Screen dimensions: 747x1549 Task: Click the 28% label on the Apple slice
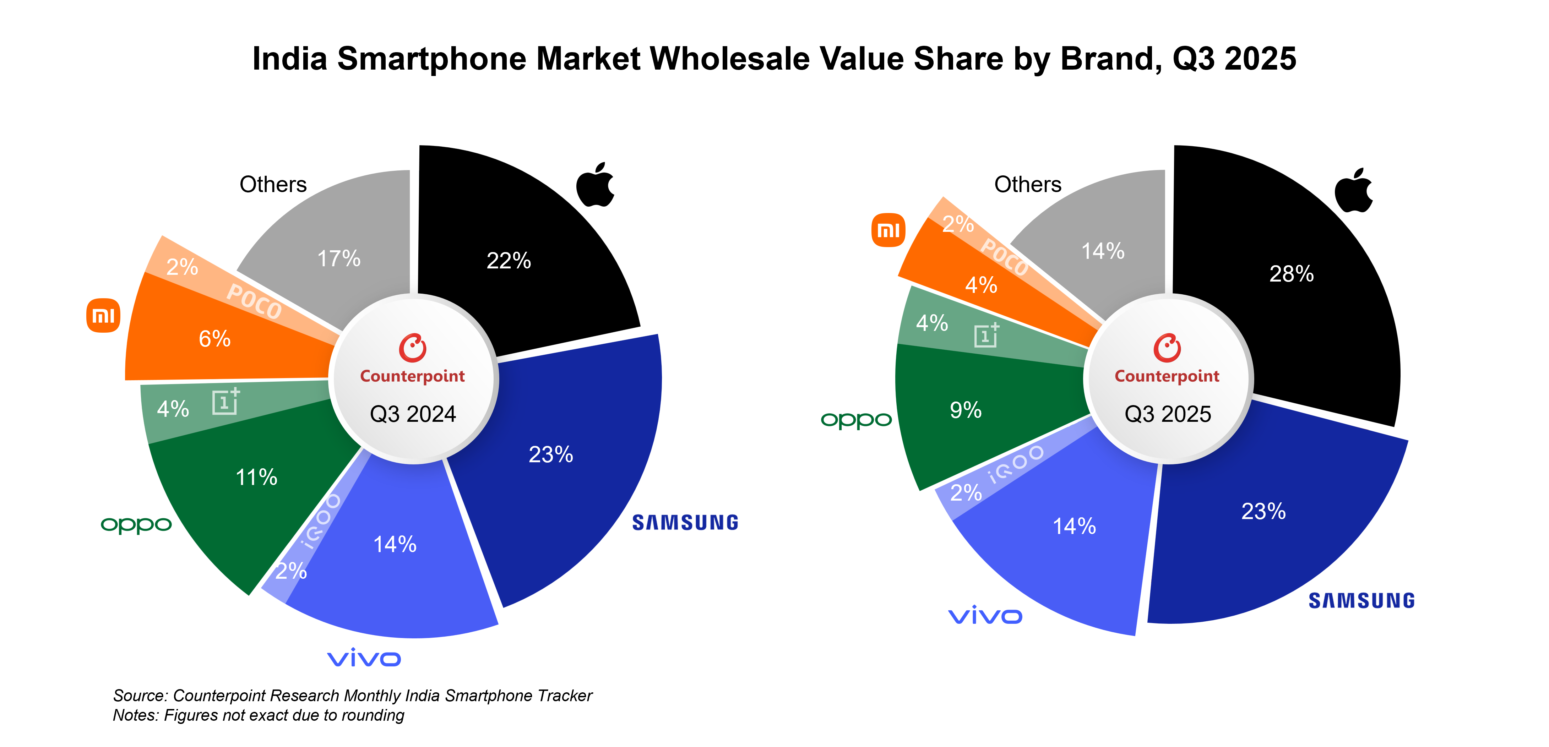(x=1291, y=274)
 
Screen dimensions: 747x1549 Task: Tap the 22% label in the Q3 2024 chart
(x=509, y=261)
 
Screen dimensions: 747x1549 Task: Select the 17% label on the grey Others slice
(x=338, y=259)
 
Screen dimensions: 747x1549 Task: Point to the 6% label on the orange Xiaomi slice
(x=215, y=339)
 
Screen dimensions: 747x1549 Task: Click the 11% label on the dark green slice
(x=256, y=478)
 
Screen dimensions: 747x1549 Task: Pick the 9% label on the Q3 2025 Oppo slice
(x=966, y=410)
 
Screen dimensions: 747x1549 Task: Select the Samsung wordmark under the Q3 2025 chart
(x=1362, y=601)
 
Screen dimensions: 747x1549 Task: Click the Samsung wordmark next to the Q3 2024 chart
(x=685, y=523)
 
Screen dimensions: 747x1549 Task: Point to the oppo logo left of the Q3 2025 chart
(x=856, y=420)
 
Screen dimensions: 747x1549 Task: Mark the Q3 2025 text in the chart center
(x=1168, y=414)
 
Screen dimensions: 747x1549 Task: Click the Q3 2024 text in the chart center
(x=413, y=414)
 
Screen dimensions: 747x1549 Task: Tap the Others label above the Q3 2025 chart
(x=1028, y=185)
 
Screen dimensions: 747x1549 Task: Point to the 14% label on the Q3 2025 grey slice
(x=1103, y=251)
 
